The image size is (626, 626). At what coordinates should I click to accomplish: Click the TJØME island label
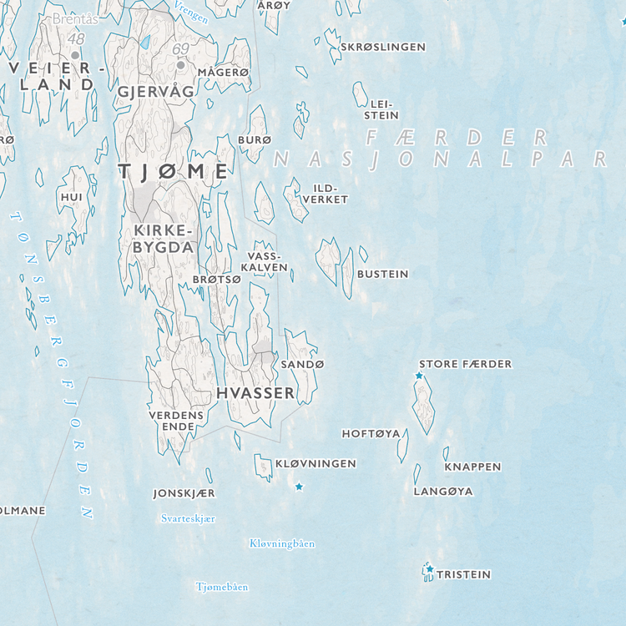click(x=173, y=172)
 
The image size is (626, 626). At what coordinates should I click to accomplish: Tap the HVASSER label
click(x=255, y=392)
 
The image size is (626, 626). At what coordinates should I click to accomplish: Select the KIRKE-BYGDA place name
click(x=163, y=239)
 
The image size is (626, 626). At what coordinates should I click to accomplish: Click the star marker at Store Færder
click(x=419, y=376)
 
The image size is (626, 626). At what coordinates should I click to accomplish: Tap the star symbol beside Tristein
click(x=430, y=569)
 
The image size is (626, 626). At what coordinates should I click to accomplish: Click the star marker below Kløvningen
click(x=299, y=486)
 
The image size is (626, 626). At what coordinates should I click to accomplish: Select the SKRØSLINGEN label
click(x=382, y=47)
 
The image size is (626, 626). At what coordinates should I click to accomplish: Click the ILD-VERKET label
click(x=325, y=194)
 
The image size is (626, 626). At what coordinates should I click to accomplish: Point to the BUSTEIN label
click(x=382, y=274)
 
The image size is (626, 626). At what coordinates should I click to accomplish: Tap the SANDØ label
click(x=302, y=365)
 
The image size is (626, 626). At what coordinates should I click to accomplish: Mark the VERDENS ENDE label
click(x=176, y=421)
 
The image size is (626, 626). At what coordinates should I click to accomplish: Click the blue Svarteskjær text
click(x=188, y=518)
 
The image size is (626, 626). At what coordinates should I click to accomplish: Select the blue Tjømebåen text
click(x=221, y=587)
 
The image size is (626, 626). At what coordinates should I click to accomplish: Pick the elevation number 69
click(x=181, y=49)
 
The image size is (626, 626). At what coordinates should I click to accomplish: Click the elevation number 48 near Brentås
click(x=77, y=39)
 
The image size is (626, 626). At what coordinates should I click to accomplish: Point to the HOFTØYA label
click(x=371, y=433)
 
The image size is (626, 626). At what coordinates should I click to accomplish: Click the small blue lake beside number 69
click(x=145, y=41)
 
